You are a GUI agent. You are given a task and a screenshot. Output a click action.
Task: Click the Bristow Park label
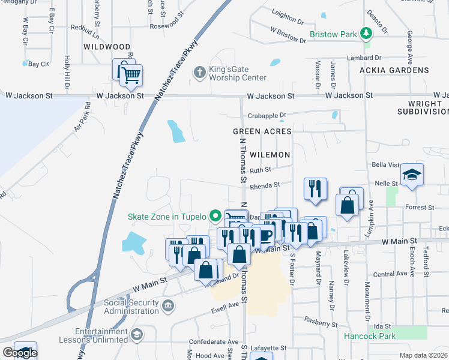pos(333,35)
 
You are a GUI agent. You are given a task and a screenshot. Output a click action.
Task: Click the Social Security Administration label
pos(131,307)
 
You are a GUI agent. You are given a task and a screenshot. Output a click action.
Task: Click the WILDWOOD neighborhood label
pos(107,46)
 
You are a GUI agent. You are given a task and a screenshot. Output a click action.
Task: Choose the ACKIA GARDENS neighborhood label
pos(394,70)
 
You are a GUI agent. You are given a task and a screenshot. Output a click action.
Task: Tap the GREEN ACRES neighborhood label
pos(262,131)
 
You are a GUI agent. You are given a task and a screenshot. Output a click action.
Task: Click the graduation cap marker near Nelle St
pos(412,175)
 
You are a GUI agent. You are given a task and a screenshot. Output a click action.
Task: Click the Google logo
pos(19,353)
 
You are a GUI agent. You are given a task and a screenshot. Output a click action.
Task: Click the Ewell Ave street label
pos(224,311)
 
